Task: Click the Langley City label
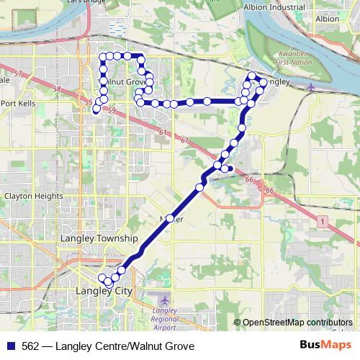coord(105,291)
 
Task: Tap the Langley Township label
coord(99,238)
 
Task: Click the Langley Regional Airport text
coord(165,315)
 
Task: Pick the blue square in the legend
coord(10,346)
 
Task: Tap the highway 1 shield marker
coord(322,220)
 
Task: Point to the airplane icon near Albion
coord(311,88)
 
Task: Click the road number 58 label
coord(55,89)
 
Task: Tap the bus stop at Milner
coord(171,218)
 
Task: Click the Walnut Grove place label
coord(127,82)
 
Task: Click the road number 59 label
coord(111,110)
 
